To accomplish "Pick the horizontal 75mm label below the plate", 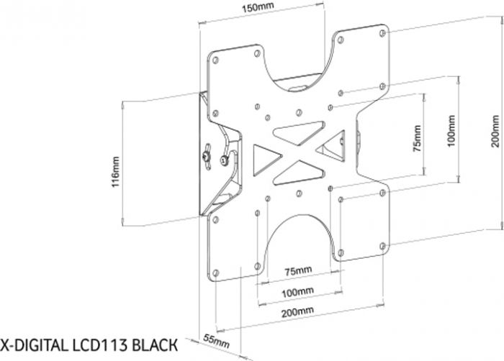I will [297, 272].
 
